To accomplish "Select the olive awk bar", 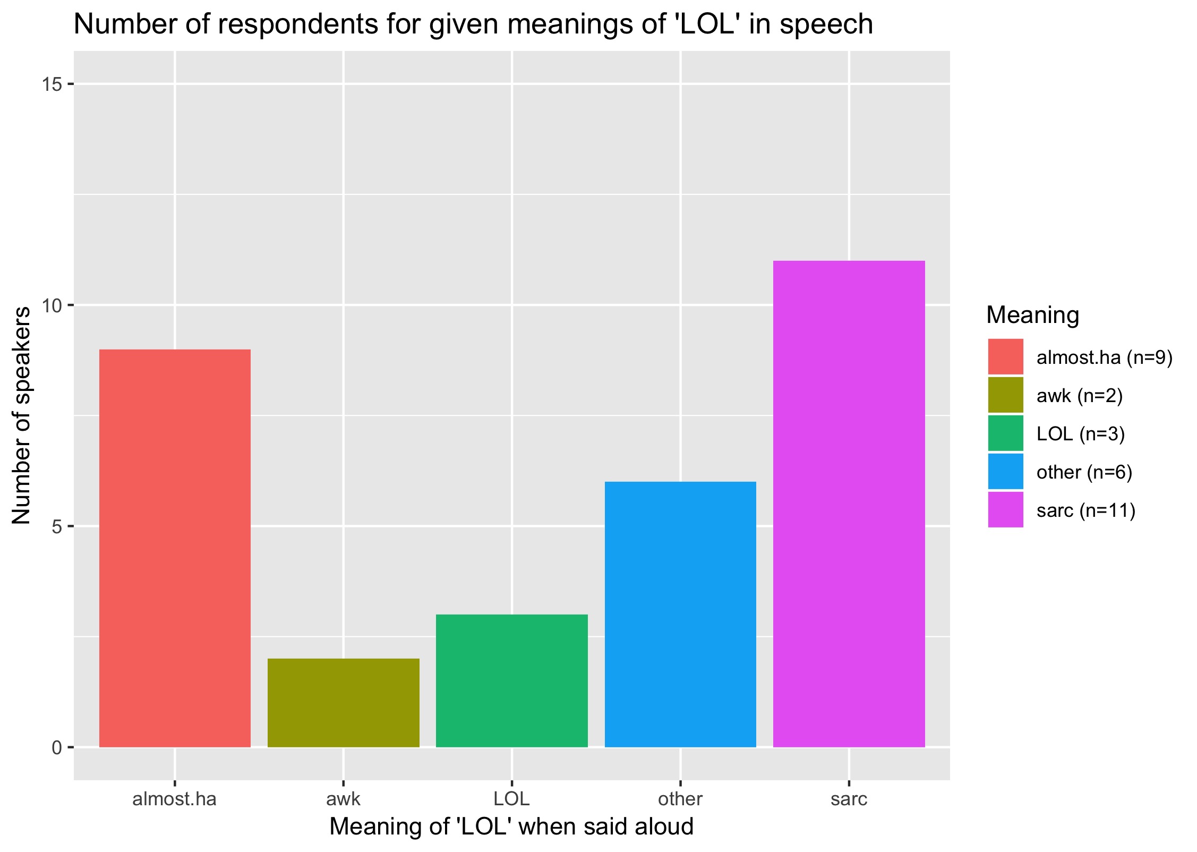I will [x=343, y=703].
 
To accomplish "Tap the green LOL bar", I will [x=511, y=680].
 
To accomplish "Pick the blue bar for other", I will [x=680, y=614].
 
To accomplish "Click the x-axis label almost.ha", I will [x=174, y=798].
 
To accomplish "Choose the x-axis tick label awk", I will [x=343, y=798].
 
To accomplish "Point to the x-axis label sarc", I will [x=849, y=798].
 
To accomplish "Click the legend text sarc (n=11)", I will [x=1085, y=510].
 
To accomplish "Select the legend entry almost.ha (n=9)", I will [x=1104, y=357].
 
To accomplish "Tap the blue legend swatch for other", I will [x=1005, y=472].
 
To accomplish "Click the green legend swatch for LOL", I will [x=1005, y=433].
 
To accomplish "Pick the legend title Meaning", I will [x=1032, y=315].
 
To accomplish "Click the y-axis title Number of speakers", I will [x=21, y=415].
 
